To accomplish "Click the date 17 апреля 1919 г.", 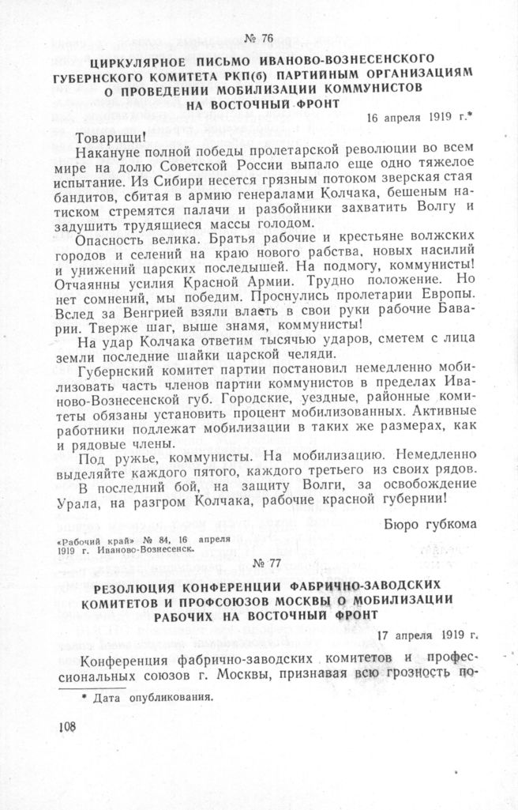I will pos(428,635).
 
